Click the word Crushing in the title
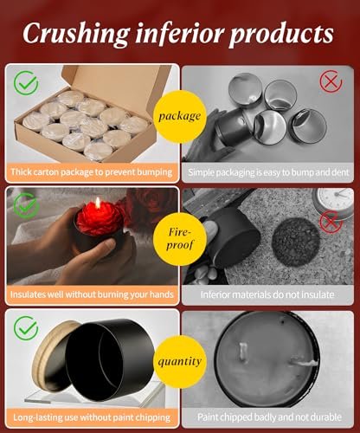click(x=76, y=33)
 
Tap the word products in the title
click(x=281, y=35)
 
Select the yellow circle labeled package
click(x=179, y=116)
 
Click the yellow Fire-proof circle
click(x=179, y=239)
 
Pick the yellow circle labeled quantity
click(x=179, y=362)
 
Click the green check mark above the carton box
click(x=26, y=83)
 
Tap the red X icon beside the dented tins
click(x=331, y=81)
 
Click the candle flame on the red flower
click(x=99, y=203)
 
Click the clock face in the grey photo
click(x=338, y=200)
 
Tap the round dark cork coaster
click(x=296, y=242)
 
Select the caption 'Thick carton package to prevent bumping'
click(x=92, y=172)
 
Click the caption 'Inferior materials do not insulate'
click(x=267, y=294)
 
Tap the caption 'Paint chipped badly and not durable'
click(x=269, y=417)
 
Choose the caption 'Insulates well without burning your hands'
click(x=92, y=294)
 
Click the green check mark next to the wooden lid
click(x=26, y=328)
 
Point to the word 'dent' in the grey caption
click(x=340, y=172)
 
